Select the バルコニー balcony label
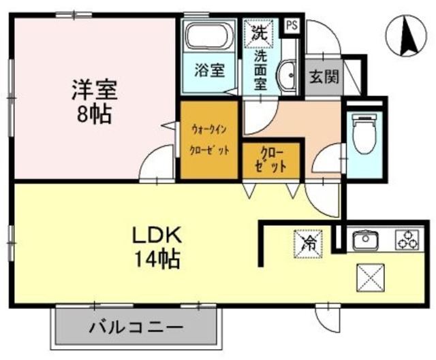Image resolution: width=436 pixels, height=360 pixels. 136,327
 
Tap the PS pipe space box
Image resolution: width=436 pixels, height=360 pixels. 292,26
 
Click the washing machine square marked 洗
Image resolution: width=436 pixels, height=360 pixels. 259,31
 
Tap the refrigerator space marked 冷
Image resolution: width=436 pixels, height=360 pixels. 308,241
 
